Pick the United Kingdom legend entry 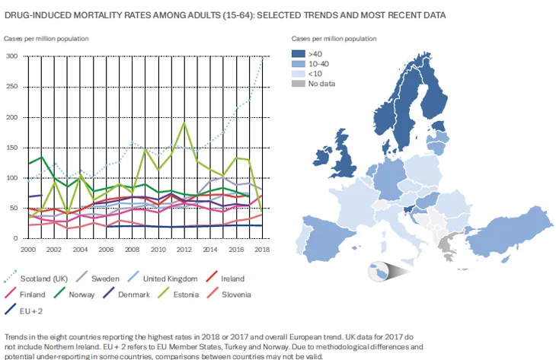click(172, 279)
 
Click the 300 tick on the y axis click(11, 56)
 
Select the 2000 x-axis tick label click(29, 250)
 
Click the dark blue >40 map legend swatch click(297, 54)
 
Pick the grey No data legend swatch click(297, 84)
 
